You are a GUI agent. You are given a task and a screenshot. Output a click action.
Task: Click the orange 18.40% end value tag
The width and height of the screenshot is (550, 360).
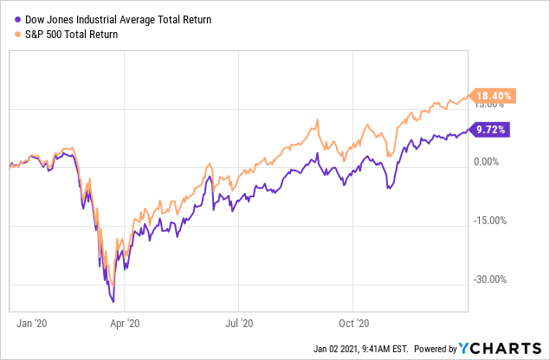[x=491, y=94]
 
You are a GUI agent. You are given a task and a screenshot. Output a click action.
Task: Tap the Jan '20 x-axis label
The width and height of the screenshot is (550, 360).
[x=32, y=323]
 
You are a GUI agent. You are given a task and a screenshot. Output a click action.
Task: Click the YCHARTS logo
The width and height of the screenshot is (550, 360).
[x=503, y=349]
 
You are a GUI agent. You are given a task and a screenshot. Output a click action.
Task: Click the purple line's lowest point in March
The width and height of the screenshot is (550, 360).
[x=113, y=301]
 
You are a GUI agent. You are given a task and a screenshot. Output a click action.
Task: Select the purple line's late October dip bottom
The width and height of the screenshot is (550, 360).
[x=387, y=187]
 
